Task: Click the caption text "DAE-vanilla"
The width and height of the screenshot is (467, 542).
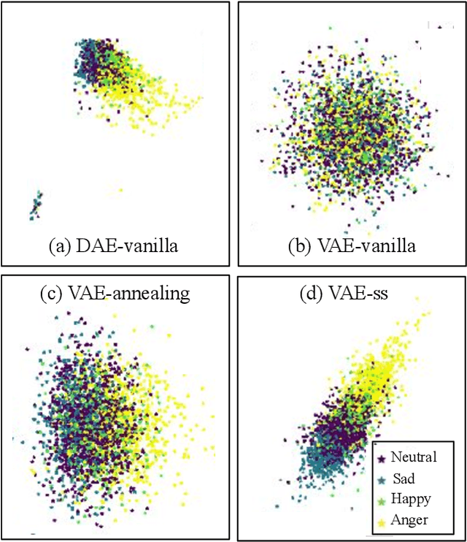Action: pyautogui.click(x=128, y=247)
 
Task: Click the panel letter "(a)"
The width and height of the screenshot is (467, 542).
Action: pyautogui.click(x=61, y=247)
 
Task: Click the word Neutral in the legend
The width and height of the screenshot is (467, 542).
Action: pyautogui.click(x=414, y=457)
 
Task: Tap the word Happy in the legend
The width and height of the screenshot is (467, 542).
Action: pyautogui.click(x=411, y=499)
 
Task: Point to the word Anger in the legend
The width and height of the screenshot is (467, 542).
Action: pyautogui.click(x=410, y=520)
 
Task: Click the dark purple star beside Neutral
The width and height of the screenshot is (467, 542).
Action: pyautogui.click(x=381, y=459)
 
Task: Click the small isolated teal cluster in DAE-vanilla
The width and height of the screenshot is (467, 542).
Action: pyautogui.click(x=36, y=205)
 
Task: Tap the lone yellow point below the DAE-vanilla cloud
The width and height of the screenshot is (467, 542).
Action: pyautogui.click(x=120, y=191)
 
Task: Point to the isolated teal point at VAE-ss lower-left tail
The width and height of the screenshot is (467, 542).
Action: pyautogui.click(x=277, y=505)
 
